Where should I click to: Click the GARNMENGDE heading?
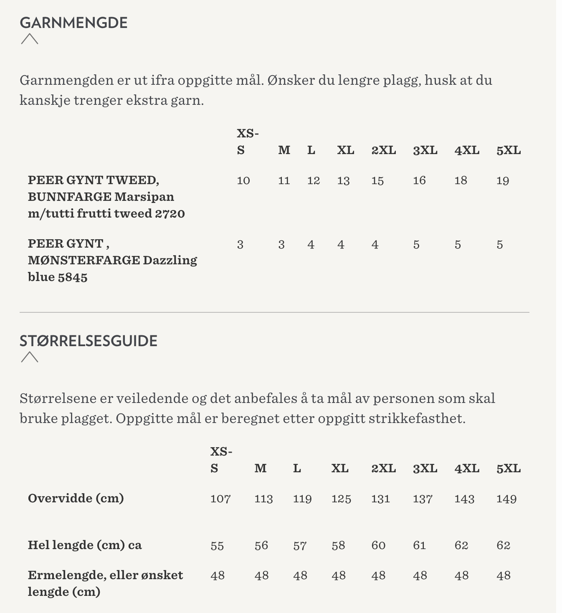(x=73, y=23)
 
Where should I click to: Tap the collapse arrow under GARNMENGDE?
(x=30, y=39)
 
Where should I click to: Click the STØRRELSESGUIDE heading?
(x=89, y=341)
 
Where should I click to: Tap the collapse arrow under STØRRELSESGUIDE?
(x=30, y=357)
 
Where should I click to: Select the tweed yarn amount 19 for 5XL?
(x=503, y=180)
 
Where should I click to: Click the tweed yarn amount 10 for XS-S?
(x=243, y=180)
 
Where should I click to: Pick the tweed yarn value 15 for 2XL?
(x=377, y=180)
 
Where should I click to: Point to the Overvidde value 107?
(x=220, y=499)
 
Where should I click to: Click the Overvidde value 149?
(x=506, y=499)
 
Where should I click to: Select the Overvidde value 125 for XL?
(x=341, y=499)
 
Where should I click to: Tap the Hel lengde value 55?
(x=217, y=545)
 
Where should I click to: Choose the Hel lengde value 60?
(x=378, y=545)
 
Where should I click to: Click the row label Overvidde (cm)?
(x=76, y=498)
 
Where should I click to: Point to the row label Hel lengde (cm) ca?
(x=85, y=545)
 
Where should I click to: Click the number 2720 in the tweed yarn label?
(x=170, y=213)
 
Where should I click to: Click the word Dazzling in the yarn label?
(x=170, y=260)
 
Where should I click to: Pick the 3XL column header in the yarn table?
(x=425, y=150)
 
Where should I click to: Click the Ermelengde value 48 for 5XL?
(x=504, y=575)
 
